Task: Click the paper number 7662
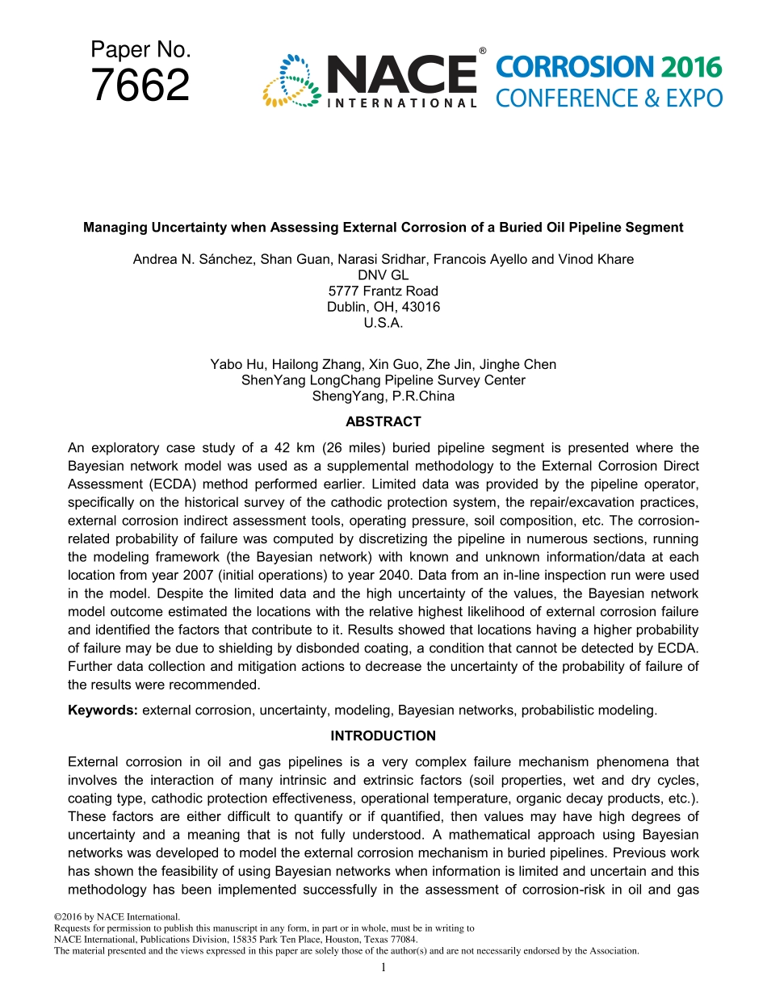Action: pyautogui.click(x=140, y=86)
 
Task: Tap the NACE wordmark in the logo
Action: pyautogui.click(x=401, y=74)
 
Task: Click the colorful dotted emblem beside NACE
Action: pyautogui.click(x=291, y=81)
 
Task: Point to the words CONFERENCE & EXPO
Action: pyautogui.click(x=608, y=98)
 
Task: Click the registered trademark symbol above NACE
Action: pyautogui.click(x=482, y=52)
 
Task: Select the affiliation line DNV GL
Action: pyautogui.click(x=383, y=275)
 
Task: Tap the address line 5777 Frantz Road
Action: pyautogui.click(x=383, y=291)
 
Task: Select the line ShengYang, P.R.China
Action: pyautogui.click(x=383, y=396)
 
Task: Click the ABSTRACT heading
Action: pyautogui.click(x=383, y=421)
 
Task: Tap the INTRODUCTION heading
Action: pyautogui.click(x=383, y=735)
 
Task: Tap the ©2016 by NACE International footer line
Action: pyautogui.click(x=115, y=916)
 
